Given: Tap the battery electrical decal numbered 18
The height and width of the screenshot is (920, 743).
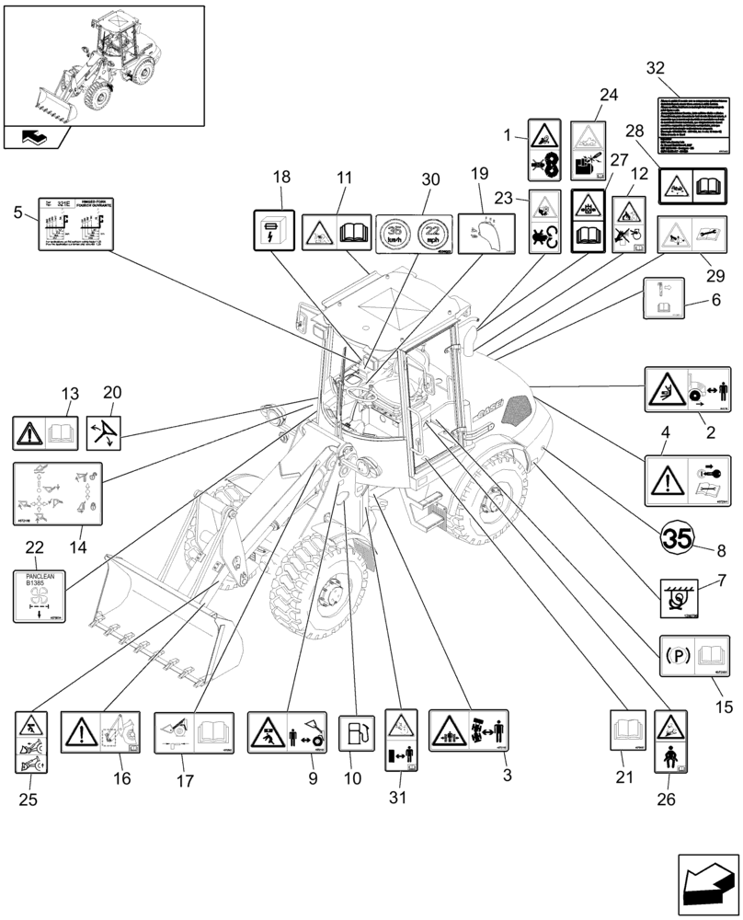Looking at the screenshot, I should click(x=273, y=229).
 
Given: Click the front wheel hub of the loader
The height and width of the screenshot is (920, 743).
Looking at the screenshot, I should click(x=328, y=599).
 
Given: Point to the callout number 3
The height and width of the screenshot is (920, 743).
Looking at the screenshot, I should click(x=507, y=776).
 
